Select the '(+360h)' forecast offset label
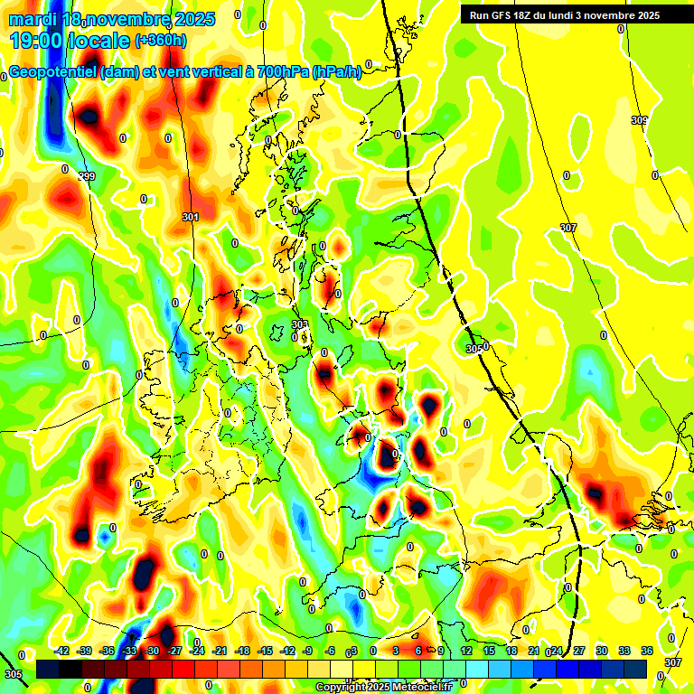[x=161, y=41]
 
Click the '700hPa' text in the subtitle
[x=277, y=72]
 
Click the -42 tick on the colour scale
[x=62, y=650]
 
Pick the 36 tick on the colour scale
[x=646, y=650]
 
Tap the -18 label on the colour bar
[x=242, y=650]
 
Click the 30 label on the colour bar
[x=601, y=650]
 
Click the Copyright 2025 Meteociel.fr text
[x=383, y=687]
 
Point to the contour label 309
[x=639, y=120]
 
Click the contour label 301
[x=190, y=217]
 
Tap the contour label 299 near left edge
[x=86, y=176]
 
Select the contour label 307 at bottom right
[x=673, y=662]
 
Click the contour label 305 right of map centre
[x=473, y=349]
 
